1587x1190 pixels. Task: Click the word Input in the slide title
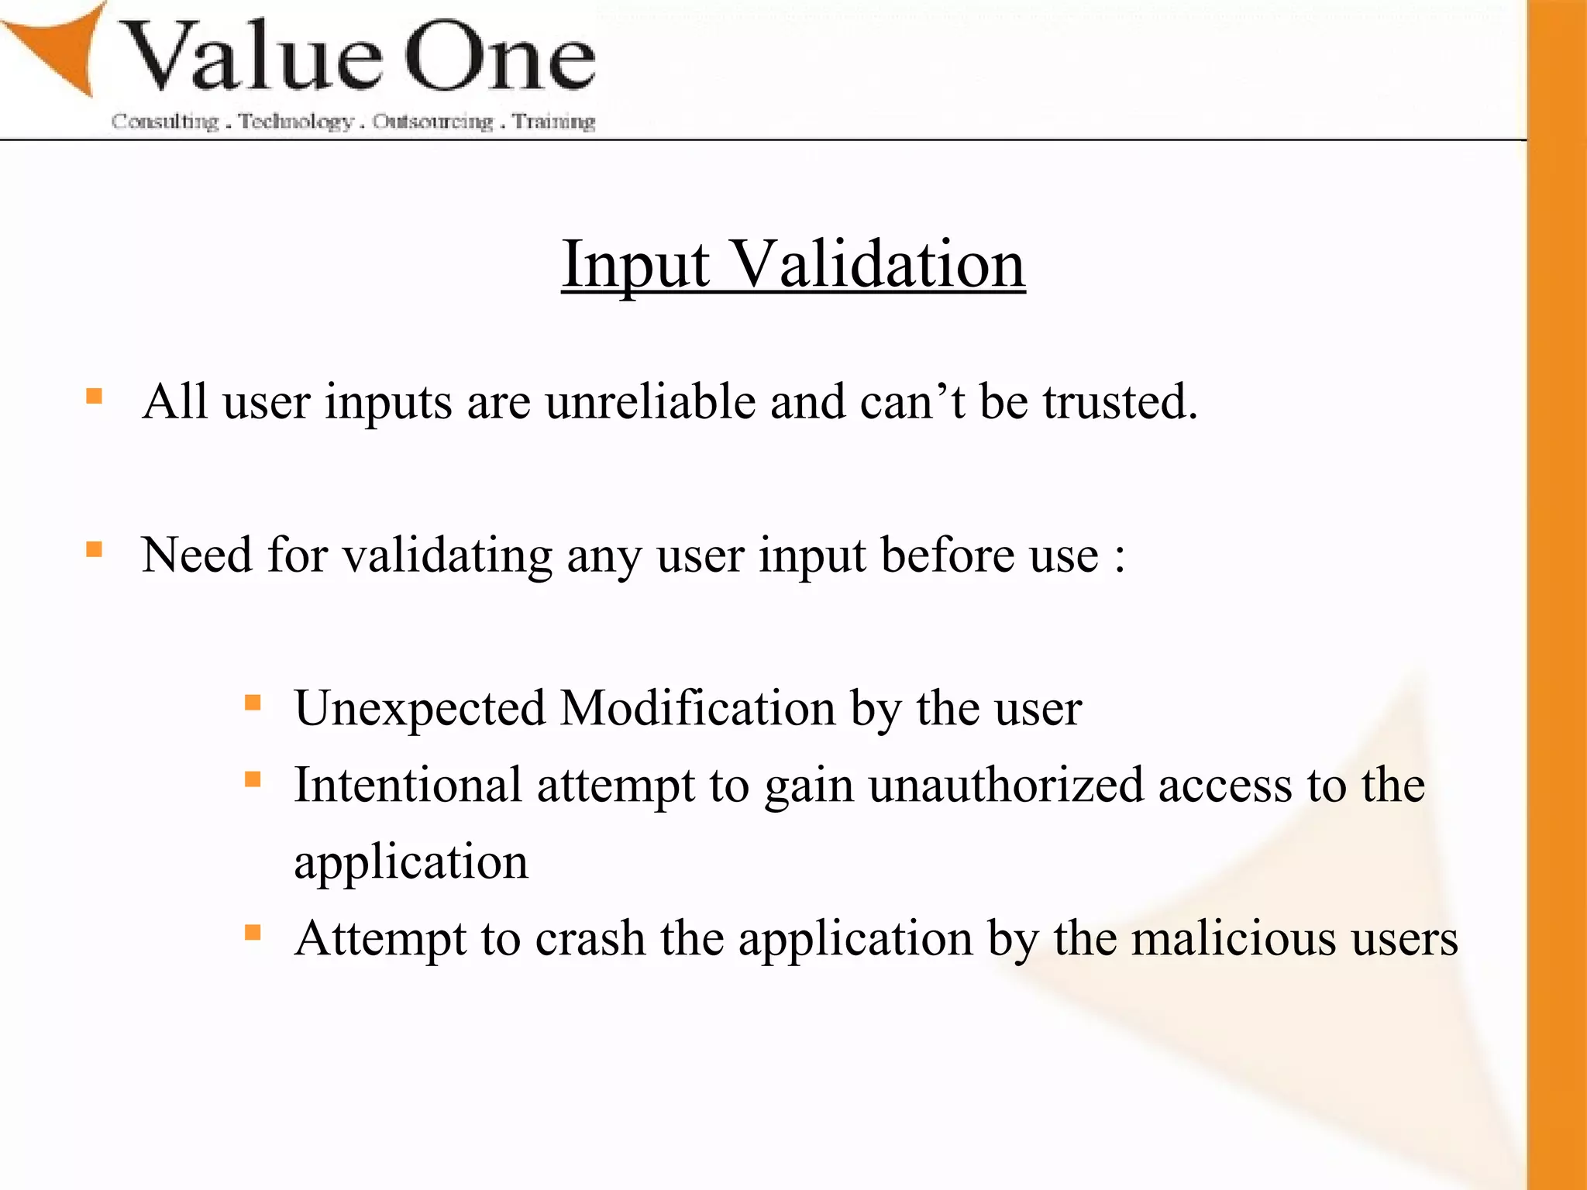coord(635,265)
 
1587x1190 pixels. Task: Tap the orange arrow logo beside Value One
coord(58,46)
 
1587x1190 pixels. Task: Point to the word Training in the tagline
coord(553,122)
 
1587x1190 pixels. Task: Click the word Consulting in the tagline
coord(165,122)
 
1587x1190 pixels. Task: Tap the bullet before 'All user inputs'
coord(95,397)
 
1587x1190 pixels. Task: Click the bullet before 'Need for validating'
coord(95,550)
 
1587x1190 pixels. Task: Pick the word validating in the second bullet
coord(447,556)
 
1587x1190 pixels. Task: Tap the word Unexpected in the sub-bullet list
coord(419,709)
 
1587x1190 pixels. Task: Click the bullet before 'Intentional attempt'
coord(253,779)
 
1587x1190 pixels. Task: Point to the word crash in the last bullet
coord(590,938)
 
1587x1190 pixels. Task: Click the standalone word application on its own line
coord(411,862)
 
